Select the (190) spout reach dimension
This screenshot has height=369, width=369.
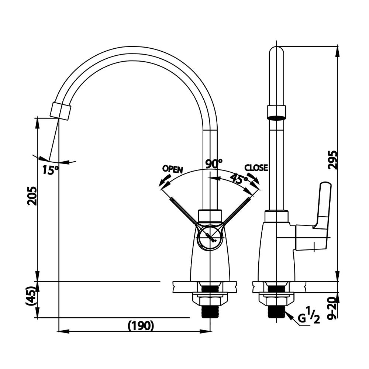pyautogui.click(x=141, y=326)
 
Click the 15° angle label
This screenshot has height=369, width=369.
pyautogui.click(x=50, y=170)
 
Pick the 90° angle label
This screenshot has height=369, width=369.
pyautogui.click(x=214, y=163)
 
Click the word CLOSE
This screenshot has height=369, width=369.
pyautogui.click(x=256, y=168)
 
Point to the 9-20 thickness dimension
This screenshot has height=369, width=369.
pyautogui.click(x=333, y=308)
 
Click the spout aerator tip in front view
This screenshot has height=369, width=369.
pyautogui.click(x=61, y=111)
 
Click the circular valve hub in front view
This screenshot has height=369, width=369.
pyautogui.click(x=210, y=237)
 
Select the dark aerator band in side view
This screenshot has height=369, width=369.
pyautogui.click(x=276, y=118)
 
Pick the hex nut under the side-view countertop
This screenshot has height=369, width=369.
pyautogui.click(x=276, y=301)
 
